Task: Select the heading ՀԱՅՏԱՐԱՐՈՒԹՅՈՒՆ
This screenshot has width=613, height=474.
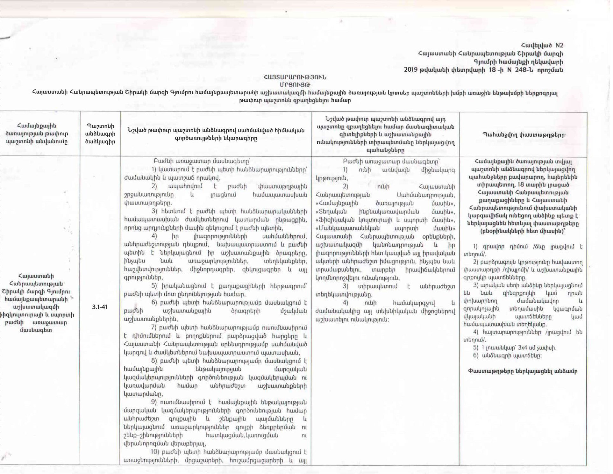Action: point(295,77)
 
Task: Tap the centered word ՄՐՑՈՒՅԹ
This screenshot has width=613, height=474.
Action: point(295,85)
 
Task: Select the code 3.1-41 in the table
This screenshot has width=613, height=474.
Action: point(100,307)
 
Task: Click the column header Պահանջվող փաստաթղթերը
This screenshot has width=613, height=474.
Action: point(523,135)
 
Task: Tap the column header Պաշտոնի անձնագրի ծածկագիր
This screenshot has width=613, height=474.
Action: point(100,134)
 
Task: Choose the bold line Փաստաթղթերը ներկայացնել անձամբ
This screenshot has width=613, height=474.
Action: point(523,371)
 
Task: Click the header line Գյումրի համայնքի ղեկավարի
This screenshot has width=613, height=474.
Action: point(518,62)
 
